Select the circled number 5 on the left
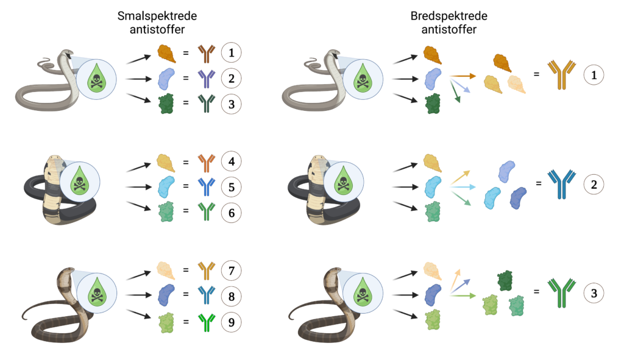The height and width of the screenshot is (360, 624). click(x=231, y=186)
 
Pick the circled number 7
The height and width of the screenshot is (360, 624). click(x=231, y=270)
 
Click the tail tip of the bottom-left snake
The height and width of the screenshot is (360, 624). click(x=23, y=317)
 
